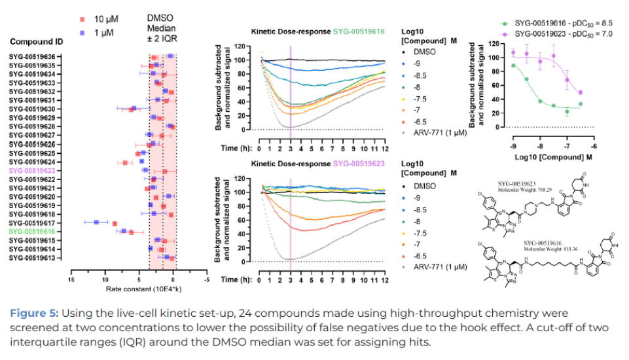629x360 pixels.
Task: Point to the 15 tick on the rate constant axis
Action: coord(71,279)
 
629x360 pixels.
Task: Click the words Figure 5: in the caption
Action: coord(32,314)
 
